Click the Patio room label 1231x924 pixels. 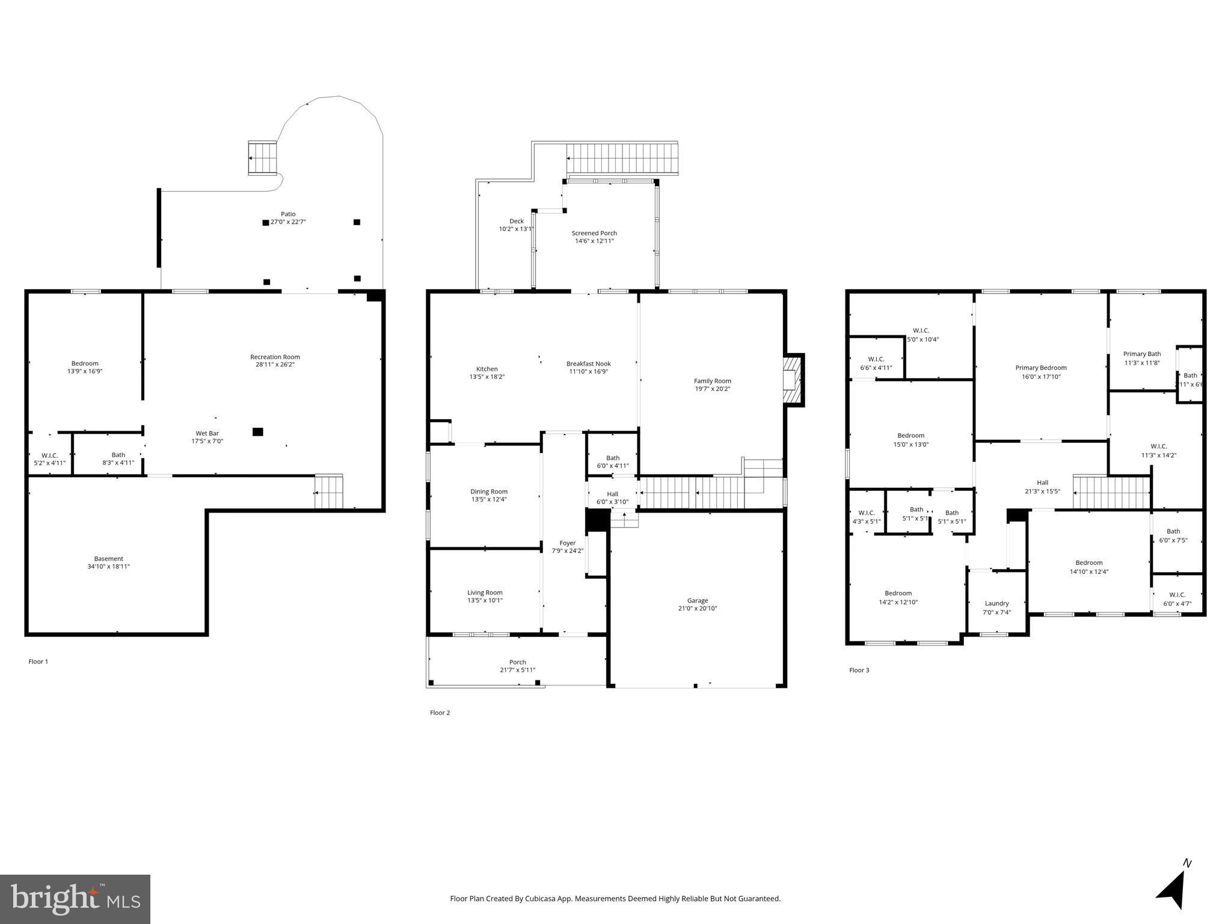click(288, 214)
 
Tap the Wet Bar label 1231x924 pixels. click(207, 433)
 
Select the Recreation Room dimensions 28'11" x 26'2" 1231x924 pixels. click(275, 365)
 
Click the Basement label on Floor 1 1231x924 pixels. click(108, 559)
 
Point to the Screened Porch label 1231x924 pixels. click(594, 233)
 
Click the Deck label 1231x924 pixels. click(516, 221)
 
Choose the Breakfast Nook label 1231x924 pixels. click(588, 364)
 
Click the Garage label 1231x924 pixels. click(698, 600)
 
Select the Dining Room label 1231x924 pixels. click(489, 491)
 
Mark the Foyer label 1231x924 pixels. click(567, 543)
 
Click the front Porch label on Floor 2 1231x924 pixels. click(517, 662)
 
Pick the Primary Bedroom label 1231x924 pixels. click(1040, 368)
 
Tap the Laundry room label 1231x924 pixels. click(996, 603)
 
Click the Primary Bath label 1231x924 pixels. click(1141, 354)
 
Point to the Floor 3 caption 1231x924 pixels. click(859, 670)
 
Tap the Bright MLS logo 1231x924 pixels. click(75, 899)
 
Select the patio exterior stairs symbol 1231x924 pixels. click(263, 158)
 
